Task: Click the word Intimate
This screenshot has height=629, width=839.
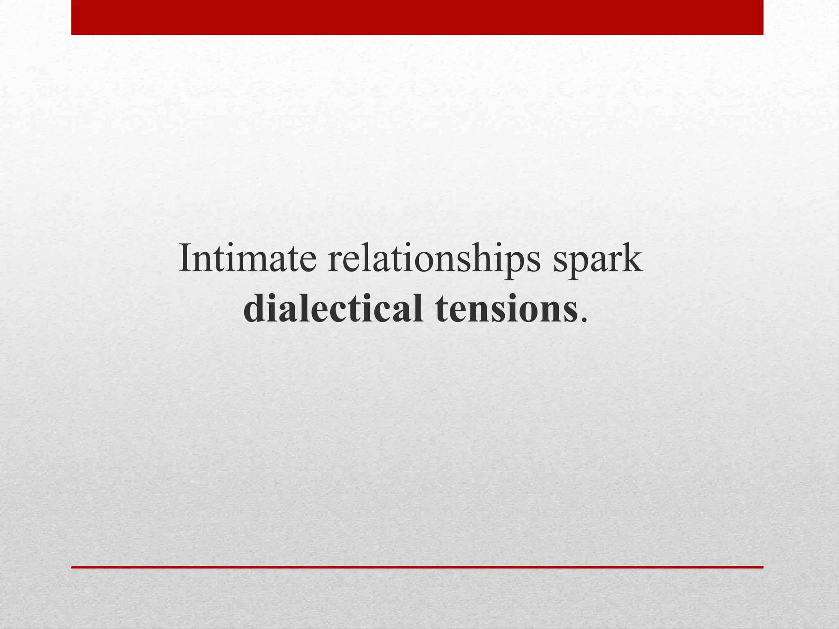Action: click(247, 259)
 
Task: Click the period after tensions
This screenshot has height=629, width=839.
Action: click(583, 320)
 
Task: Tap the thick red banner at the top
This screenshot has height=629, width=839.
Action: click(417, 17)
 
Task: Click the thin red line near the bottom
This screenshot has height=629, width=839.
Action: click(417, 567)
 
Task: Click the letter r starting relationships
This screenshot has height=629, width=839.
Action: click(335, 262)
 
